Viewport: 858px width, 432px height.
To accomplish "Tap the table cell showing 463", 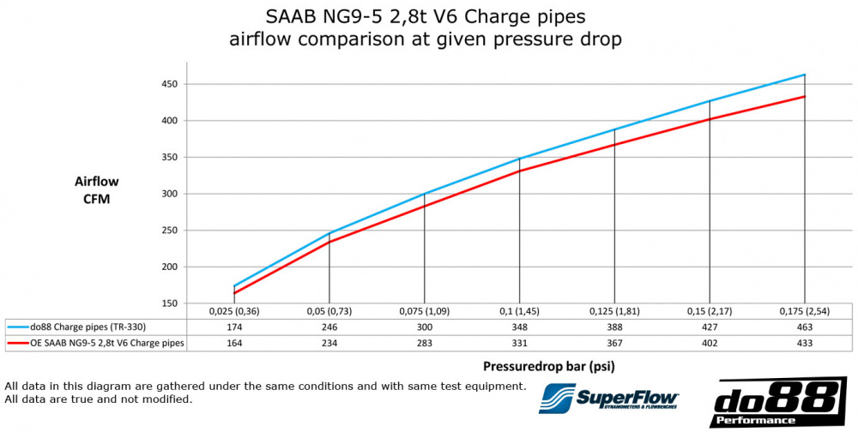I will [804, 327].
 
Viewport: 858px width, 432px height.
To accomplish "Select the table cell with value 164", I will [234, 343].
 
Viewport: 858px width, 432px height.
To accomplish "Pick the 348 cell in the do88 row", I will [519, 327].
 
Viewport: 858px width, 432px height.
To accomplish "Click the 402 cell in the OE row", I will [709, 343].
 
